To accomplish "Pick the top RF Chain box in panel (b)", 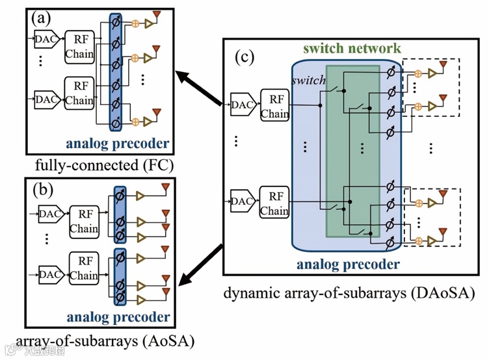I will click(84, 221).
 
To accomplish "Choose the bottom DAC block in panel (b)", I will click(49, 274).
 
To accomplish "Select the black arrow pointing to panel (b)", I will click(201, 266).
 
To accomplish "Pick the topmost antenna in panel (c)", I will click(443, 64).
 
